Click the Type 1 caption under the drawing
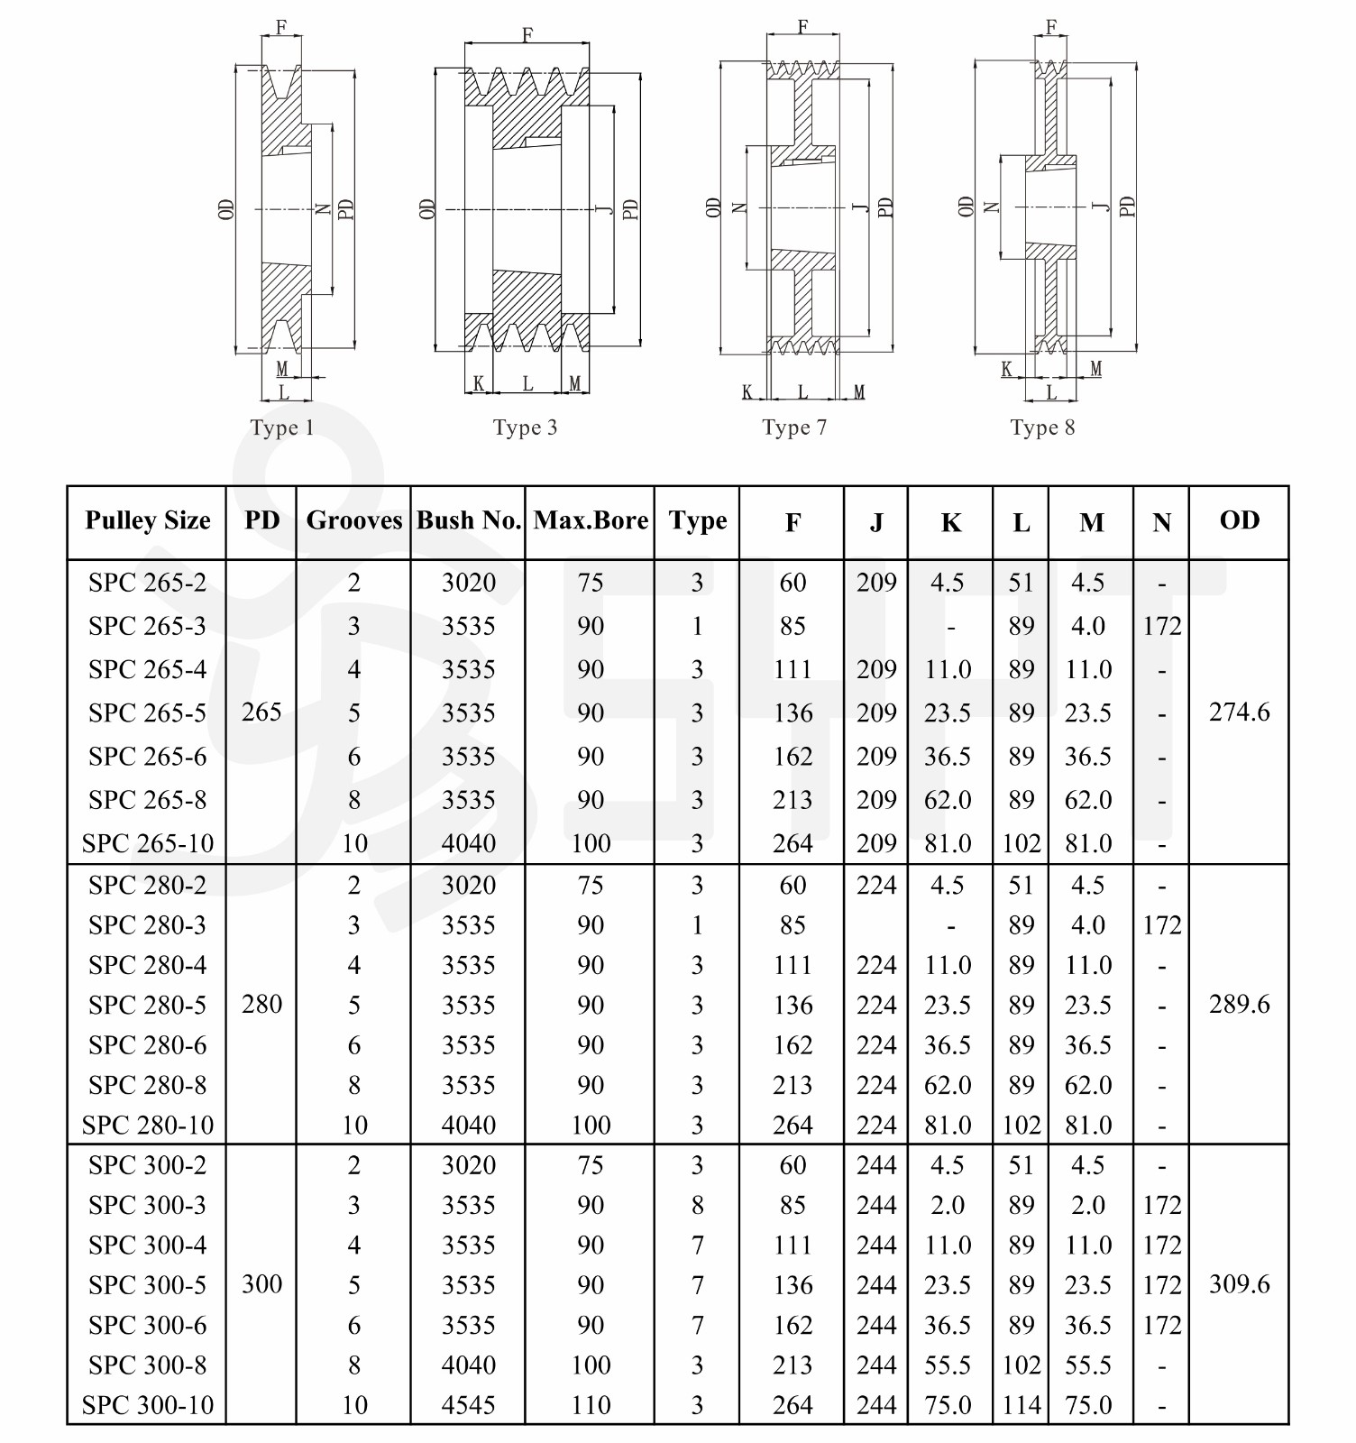282,427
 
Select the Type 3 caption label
525,427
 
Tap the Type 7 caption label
793,427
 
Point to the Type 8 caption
1042,427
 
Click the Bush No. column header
469,520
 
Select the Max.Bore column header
591,520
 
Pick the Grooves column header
354,520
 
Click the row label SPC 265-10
148,843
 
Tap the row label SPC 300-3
148,1205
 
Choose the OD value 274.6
1239,712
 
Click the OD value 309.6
1239,1284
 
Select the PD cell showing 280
261,1004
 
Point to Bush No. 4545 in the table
469,1404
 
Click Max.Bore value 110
591,1404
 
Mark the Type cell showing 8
697,1205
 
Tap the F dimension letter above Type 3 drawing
527,34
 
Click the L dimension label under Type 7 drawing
802,392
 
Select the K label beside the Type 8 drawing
1007,368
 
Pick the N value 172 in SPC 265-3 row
1161,626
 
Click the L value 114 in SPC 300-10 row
1021,1404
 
